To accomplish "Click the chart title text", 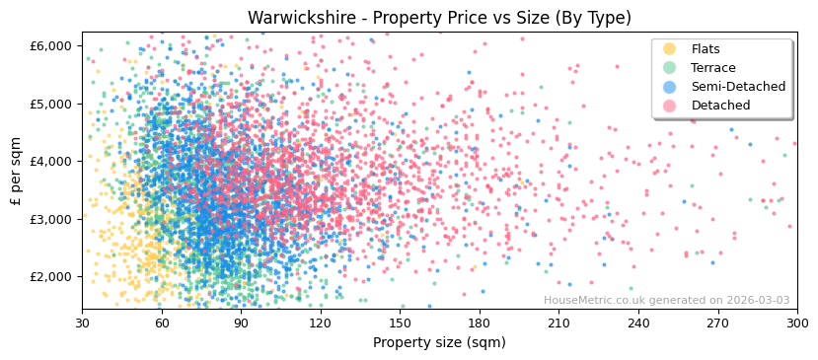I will click(439, 18).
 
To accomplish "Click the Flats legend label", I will click(706, 49).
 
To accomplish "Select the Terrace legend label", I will click(713, 68).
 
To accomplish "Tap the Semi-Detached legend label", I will click(738, 87).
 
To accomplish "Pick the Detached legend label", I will click(719, 106).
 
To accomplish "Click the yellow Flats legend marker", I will click(670, 49).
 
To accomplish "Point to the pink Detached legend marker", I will click(670, 106).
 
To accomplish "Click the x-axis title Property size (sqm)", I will click(439, 343).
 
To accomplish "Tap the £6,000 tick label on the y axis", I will click(50, 45).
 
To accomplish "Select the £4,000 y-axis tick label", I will click(50, 161).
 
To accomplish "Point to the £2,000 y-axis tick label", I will click(50, 276).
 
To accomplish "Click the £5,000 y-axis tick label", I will click(50, 104).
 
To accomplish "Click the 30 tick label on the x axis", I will click(82, 323).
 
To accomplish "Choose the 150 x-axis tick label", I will click(400, 323).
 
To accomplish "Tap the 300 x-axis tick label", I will click(797, 323).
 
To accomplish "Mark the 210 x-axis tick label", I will click(558, 323).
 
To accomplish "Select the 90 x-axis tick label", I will click(241, 323).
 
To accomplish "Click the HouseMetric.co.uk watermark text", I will click(666, 301).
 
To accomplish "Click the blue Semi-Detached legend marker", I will click(670, 87).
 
